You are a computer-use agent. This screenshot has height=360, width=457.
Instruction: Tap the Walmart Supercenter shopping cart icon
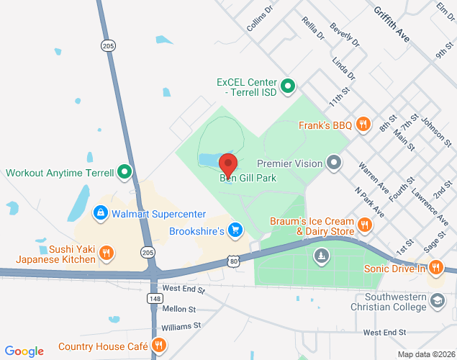point(100,214)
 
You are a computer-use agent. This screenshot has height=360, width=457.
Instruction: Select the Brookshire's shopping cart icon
point(235,230)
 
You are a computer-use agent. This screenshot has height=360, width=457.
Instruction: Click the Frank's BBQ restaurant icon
point(364,125)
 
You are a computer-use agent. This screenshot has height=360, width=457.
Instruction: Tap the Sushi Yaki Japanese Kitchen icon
point(107,252)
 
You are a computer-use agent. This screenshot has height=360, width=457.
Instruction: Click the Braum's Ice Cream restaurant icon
point(365,225)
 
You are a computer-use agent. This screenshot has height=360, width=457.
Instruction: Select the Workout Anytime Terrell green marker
point(125,172)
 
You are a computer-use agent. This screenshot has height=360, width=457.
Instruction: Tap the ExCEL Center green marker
point(288,88)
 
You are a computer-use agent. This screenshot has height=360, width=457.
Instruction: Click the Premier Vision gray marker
point(333,163)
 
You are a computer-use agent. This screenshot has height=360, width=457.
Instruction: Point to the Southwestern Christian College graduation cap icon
point(438,302)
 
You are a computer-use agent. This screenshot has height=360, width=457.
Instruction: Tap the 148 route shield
point(155,297)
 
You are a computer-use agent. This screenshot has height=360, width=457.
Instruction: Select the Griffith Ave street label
point(392,22)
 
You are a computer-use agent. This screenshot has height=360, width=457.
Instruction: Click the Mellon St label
point(179,309)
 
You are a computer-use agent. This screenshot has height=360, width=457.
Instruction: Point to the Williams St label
point(181,326)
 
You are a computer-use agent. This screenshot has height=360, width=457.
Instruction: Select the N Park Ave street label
point(369,203)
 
